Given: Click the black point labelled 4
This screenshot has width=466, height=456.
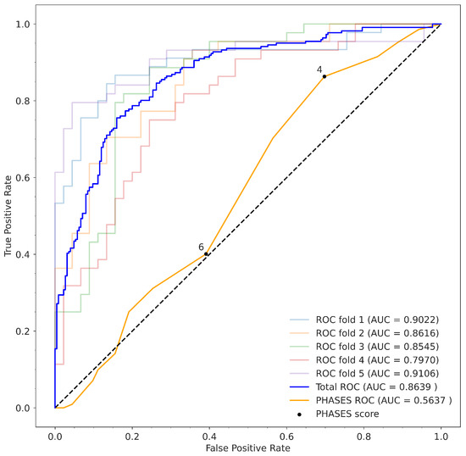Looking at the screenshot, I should (325, 76).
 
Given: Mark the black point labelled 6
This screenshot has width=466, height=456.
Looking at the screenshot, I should (206, 253).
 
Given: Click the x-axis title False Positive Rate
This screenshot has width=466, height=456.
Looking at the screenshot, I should (247, 445).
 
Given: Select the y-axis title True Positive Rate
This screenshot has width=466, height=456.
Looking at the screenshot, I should (8, 215).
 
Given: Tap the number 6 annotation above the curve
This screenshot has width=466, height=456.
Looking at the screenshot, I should (201, 246).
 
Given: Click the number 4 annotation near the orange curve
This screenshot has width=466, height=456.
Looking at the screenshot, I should (319, 69).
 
